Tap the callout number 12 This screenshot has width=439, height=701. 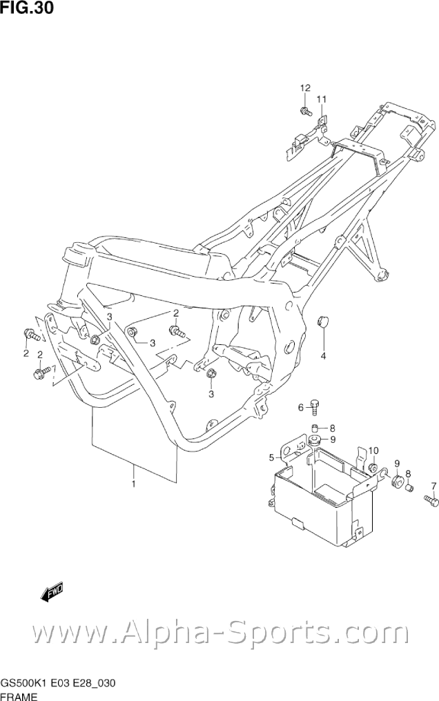tap(305, 88)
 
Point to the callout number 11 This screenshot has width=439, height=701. tap(321, 99)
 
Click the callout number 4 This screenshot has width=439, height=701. tap(322, 356)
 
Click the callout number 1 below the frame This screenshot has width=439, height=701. tap(133, 484)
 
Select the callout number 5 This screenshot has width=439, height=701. tap(271, 457)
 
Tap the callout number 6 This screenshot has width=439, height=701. tap(301, 408)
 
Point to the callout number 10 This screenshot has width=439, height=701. tap(373, 451)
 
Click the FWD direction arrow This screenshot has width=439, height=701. tap(52, 591)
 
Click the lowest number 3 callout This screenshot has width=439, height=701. tap(212, 394)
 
